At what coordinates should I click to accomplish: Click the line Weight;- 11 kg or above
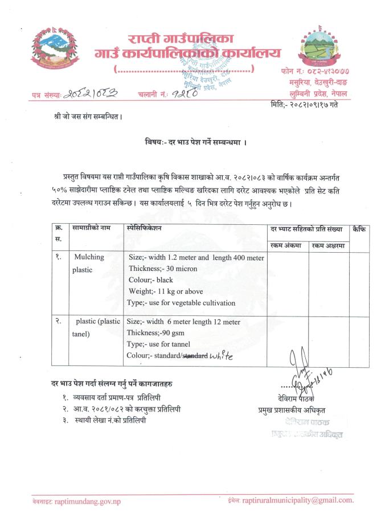click(x=165, y=291)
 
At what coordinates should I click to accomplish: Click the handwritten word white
click(x=222, y=357)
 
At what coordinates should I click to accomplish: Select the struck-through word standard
click(x=194, y=356)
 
